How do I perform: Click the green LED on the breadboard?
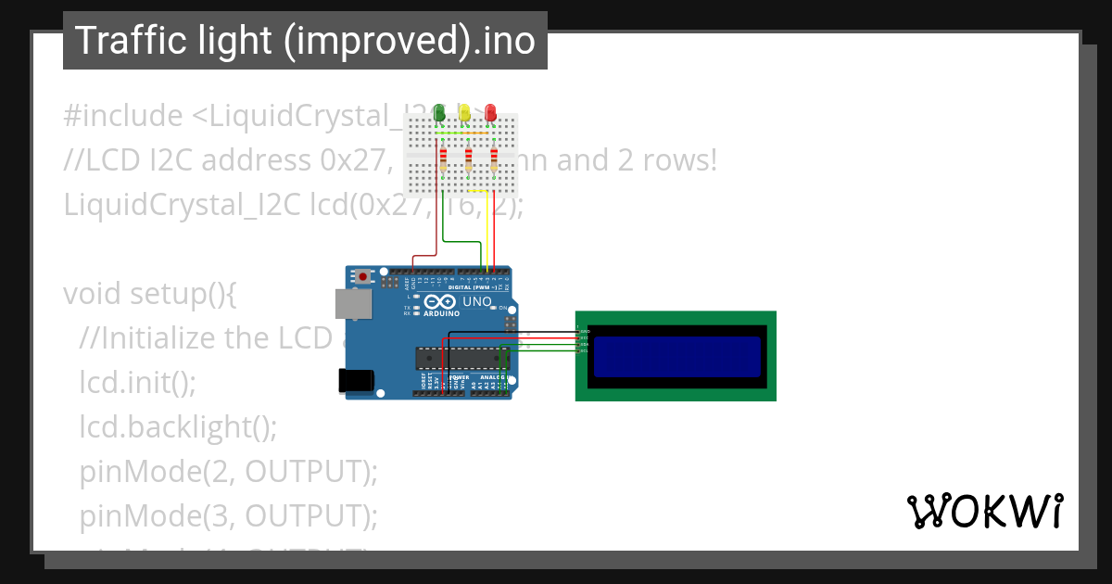point(439,113)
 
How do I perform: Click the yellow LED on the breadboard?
point(465,113)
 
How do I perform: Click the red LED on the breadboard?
point(490,113)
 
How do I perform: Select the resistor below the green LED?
point(444,161)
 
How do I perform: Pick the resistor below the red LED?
point(494,161)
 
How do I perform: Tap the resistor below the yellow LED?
point(469,161)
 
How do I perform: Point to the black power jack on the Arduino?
point(355,380)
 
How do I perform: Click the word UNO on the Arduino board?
point(476,302)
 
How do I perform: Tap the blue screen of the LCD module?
point(676,357)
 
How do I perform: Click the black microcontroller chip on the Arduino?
point(461,357)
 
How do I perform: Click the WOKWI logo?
point(983,512)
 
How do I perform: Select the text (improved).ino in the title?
point(411,41)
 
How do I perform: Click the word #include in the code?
point(123,116)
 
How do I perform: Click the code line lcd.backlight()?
point(178,426)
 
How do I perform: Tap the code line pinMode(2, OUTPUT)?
point(228,471)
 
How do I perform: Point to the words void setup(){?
point(150,294)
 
